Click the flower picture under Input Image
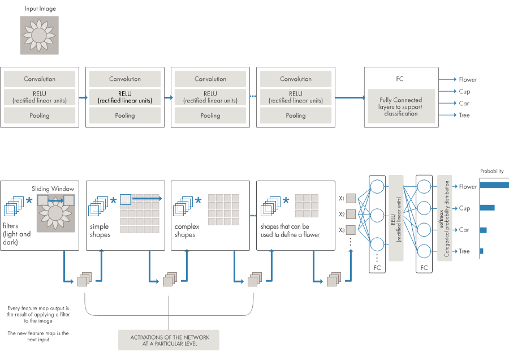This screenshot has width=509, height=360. point(39,35)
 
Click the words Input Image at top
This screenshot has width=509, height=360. point(40,9)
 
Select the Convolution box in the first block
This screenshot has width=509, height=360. point(40,79)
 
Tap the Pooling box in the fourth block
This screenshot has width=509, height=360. point(296,115)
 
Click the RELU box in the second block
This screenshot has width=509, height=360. point(125,97)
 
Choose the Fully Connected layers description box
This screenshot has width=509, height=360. point(400,106)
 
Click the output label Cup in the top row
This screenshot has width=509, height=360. point(464,92)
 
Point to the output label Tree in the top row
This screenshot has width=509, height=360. point(464,115)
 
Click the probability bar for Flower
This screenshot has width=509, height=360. point(494,185)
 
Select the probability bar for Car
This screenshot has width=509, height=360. point(484,230)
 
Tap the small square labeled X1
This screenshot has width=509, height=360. point(351,199)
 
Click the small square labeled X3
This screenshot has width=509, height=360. point(351,230)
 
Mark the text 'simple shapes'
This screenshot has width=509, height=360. point(100,230)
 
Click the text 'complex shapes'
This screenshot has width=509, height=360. point(187,230)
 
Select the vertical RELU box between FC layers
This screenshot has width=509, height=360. point(396,218)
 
